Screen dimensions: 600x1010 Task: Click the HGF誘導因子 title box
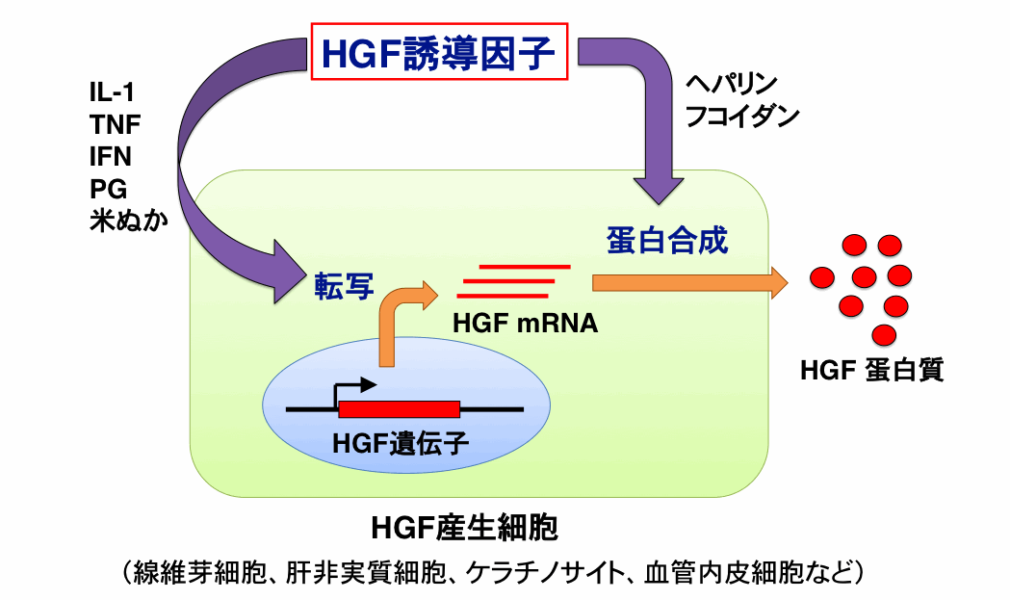(x=439, y=54)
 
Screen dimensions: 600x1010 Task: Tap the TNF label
(x=115, y=124)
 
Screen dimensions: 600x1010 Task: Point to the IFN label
(x=111, y=155)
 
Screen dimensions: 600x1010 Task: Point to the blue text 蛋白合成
(x=667, y=240)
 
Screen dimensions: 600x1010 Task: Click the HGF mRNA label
(x=526, y=325)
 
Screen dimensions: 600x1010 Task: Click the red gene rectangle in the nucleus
(x=399, y=408)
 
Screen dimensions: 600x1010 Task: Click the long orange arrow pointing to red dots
(x=689, y=281)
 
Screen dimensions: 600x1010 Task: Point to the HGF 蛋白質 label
(x=871, y=369)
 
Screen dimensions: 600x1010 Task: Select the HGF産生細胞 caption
(x=465, y=530)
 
